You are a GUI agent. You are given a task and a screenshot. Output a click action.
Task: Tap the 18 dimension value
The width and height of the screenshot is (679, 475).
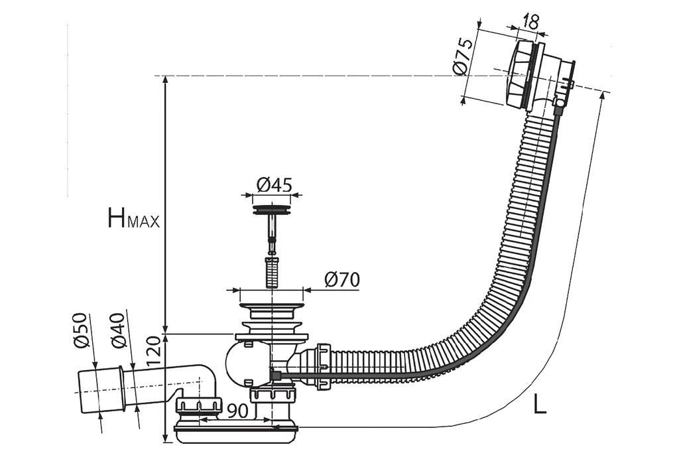tap(529, 21)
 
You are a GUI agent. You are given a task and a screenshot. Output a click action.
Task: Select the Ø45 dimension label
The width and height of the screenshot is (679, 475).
tap(274, 186)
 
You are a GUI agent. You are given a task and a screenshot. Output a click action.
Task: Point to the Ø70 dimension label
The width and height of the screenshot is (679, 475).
tap(342, 280)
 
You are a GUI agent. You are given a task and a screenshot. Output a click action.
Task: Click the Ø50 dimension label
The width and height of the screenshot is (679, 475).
tap(82, 330)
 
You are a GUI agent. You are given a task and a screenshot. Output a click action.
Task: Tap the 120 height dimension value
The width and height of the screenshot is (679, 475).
tap(153, 351)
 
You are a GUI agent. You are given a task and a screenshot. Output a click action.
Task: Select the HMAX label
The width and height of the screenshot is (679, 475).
tap(133, 218)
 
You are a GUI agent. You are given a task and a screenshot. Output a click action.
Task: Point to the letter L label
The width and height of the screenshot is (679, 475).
tap(540, 404)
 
